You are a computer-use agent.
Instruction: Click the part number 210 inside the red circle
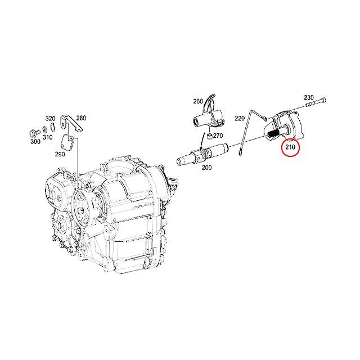[x=290, y=148]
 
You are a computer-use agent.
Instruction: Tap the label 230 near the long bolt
[x=309, y=97]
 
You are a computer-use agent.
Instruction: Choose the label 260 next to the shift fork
[x=198, y=101]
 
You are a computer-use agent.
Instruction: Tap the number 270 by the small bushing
[x=218, y=136]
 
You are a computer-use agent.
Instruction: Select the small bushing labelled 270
[x=208, y=136]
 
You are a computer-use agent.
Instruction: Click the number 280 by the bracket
[x=81, y=118]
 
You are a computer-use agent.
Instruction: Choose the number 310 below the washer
[x=47, y=137]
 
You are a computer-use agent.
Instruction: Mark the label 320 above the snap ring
[x=50, y=118]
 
